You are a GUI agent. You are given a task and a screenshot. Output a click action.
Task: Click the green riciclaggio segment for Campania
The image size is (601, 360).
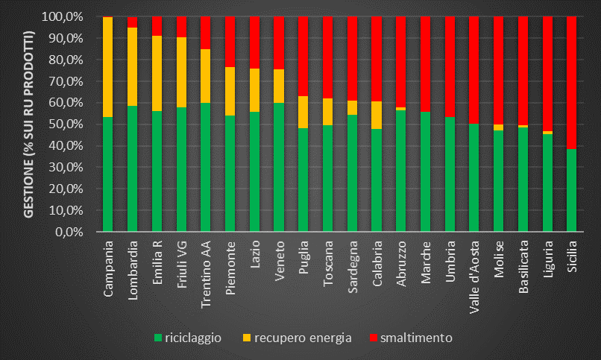pos(107,174)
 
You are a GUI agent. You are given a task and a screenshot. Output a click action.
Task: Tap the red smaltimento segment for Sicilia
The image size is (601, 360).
pos(571,82)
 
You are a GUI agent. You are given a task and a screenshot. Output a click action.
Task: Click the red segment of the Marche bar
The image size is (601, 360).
pos(425,63)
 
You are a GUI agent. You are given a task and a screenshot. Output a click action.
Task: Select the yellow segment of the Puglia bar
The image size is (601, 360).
pos(303,112)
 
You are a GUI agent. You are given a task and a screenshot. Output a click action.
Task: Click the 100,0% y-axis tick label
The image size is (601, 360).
pos(66,16)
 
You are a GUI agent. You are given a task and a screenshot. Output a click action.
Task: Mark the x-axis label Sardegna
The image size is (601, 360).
pos(352,265)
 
